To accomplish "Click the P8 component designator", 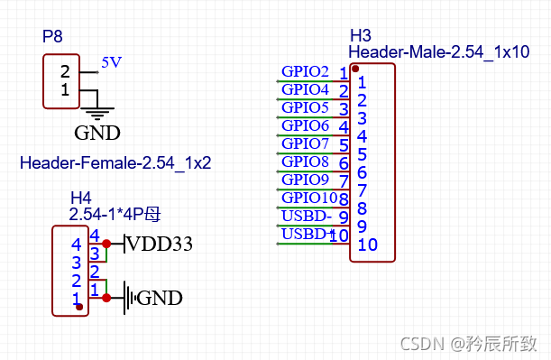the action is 54,37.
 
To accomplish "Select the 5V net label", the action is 111,63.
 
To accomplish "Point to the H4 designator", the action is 81,198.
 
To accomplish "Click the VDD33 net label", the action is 161,244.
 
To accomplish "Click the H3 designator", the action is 360,36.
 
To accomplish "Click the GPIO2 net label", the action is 305,71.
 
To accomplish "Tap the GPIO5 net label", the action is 305,107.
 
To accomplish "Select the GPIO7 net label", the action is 305,143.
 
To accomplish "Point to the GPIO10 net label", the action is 309,198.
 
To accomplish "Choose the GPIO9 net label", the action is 305,180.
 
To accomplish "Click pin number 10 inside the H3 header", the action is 367,245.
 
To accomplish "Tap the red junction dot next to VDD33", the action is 106,244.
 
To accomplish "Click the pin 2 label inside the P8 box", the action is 65,71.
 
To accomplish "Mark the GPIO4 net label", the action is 305,89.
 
